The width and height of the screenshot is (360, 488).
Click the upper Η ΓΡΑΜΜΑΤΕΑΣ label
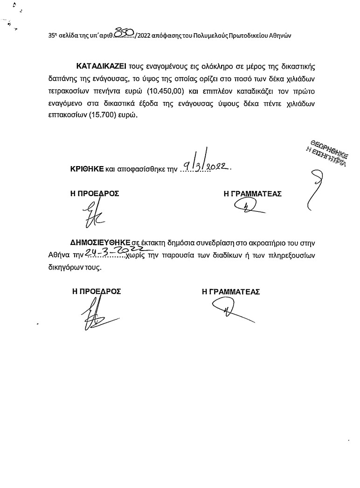[253, 193]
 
